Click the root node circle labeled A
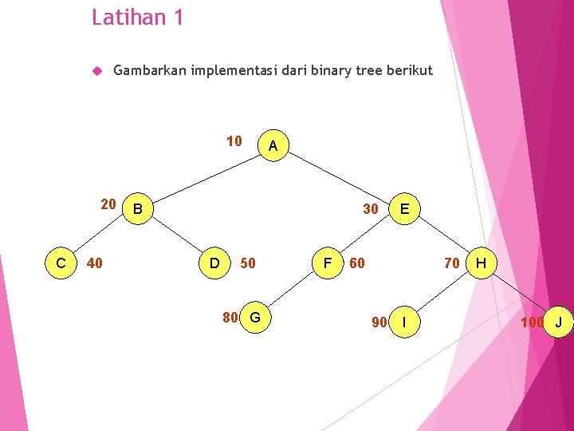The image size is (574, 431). coord(273,146)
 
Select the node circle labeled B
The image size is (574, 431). coord(139,209)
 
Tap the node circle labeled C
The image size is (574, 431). coord(61,262)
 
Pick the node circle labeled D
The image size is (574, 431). coord(214,262)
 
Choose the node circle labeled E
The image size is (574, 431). coord(405,209)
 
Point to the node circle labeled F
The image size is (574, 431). coord(326,262)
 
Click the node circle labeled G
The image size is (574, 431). coord(255,318)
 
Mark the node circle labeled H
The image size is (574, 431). coord(482,262)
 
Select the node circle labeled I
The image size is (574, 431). coord(405,322)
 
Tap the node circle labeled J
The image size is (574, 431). coord(559,322)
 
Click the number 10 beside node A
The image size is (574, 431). coord(234,141)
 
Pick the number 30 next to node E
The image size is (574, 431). coord(370,209)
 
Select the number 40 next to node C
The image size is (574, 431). coord(94,263)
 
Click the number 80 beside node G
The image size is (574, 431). coord(230,318)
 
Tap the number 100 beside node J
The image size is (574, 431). coord(532,322)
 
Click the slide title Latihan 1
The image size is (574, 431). coord(137,17)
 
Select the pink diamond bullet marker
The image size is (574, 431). coord(96,71)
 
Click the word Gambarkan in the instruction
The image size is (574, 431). coord(149,70)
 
